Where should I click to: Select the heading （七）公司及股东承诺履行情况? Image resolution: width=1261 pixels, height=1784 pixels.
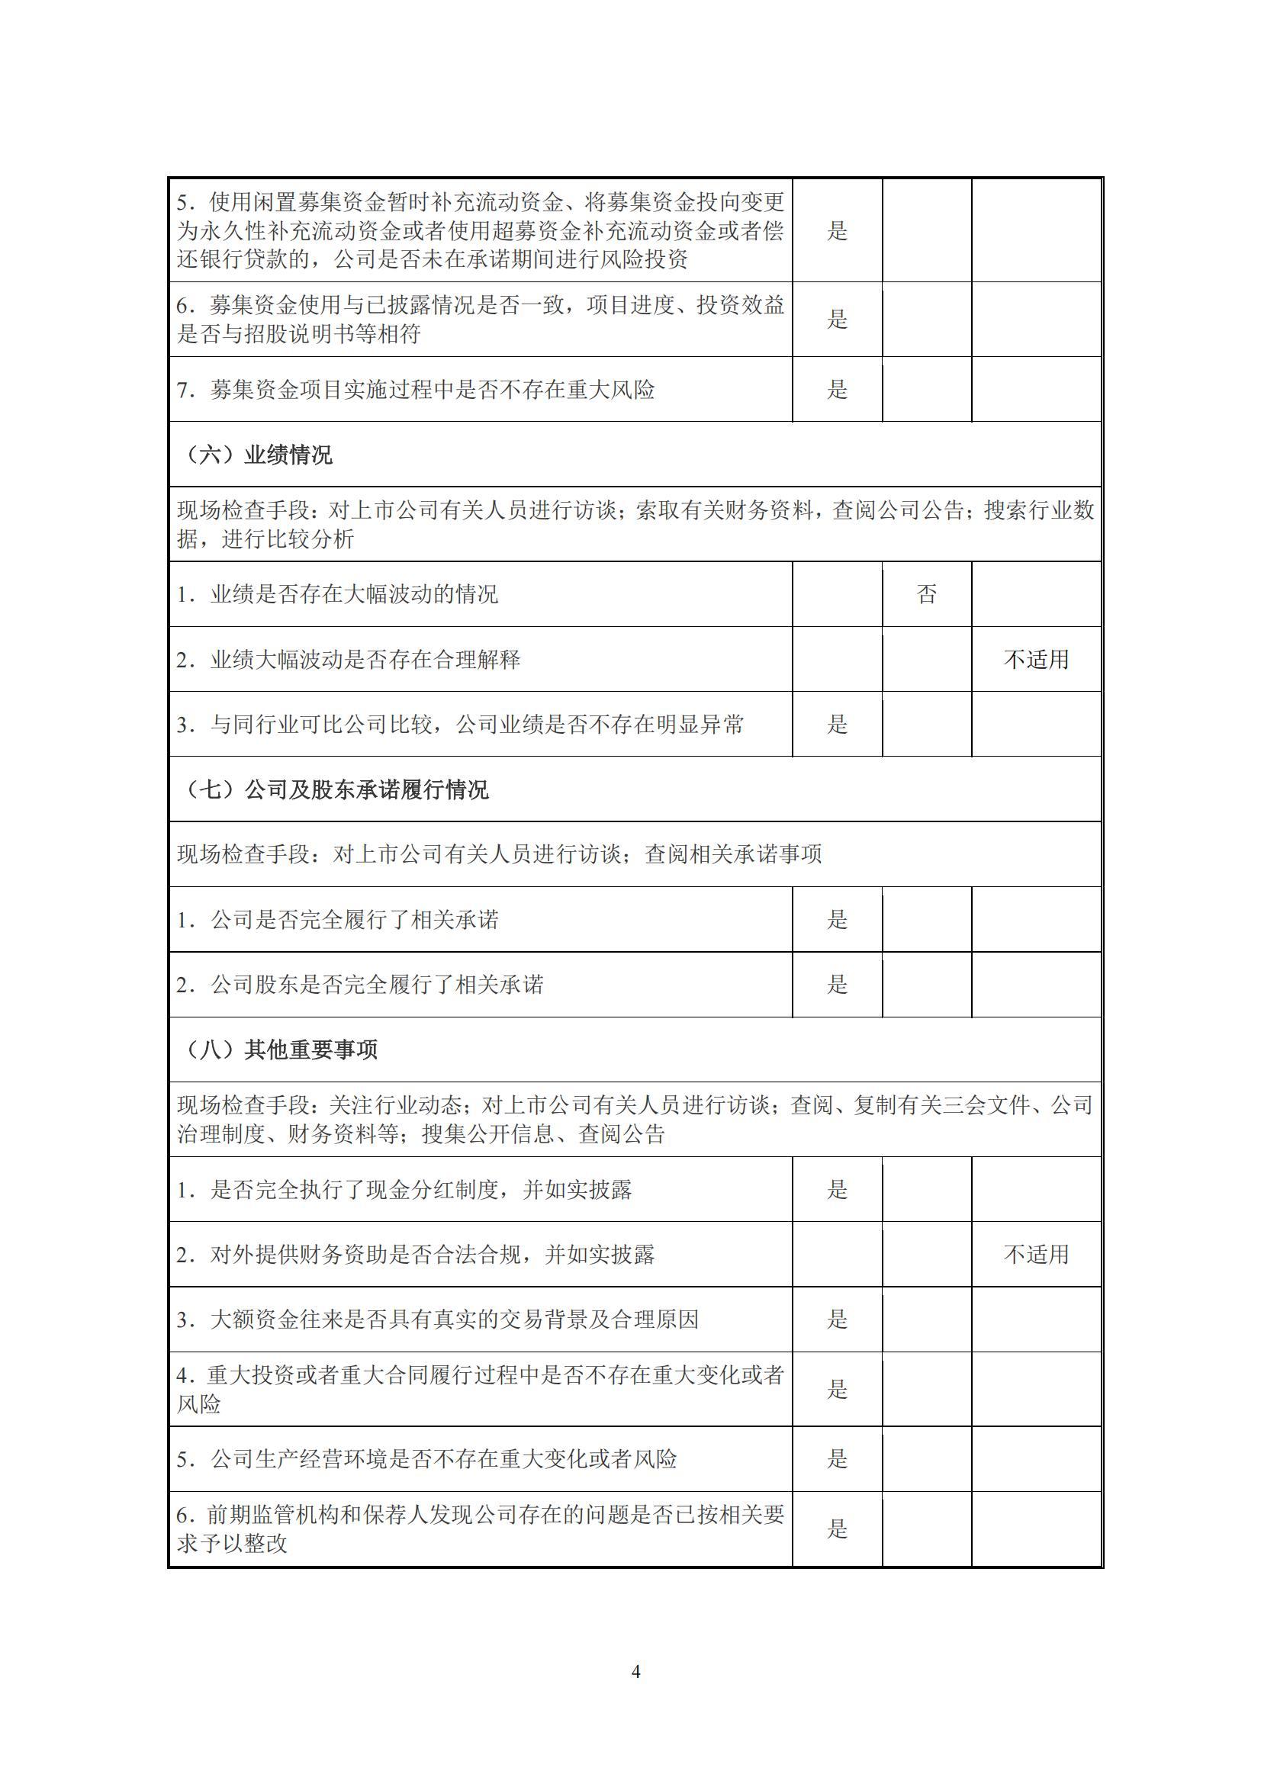tap(336, 790)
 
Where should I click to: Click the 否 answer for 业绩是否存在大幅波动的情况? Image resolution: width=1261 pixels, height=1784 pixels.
tap(926, 594)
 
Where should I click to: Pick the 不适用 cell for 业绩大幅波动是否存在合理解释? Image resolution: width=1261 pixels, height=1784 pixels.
tap(1036, 660)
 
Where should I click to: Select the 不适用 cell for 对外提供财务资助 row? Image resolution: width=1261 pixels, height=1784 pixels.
tap(1036, 1255)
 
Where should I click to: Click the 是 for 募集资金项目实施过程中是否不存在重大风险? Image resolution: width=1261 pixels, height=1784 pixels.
tap(837, 389)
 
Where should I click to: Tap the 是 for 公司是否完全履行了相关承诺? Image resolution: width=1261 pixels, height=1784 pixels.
tap(837, 920)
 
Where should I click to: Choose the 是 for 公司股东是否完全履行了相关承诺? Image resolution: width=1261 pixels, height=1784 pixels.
tap(837, 985)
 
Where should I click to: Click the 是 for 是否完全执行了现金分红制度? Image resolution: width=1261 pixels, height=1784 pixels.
tap(837, 1190)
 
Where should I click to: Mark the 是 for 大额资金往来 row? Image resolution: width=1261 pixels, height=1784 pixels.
tap(837, 1320)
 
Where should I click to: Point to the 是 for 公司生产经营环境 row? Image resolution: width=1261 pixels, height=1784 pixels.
tap(837, 1459)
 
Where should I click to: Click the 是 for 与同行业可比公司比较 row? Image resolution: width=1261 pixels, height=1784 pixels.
tap(837, 724)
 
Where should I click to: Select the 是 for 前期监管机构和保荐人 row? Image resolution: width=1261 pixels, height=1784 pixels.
tap(837, 1529)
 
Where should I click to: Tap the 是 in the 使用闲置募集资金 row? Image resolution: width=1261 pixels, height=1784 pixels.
tap(837, 230)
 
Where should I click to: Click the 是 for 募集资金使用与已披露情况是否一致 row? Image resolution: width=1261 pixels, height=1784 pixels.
tap(837, 319)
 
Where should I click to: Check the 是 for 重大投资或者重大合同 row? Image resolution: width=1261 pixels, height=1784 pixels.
tap(837, 1389)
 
